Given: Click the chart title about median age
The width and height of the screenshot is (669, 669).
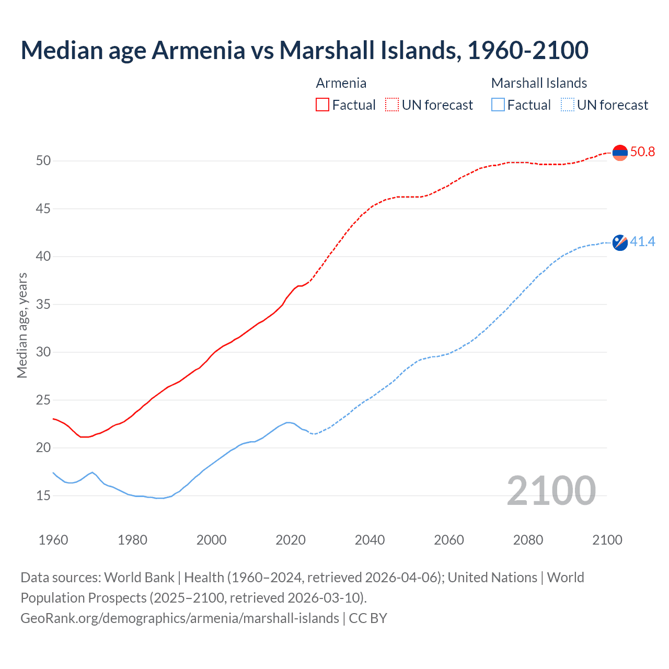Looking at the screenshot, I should (x=304, y=50).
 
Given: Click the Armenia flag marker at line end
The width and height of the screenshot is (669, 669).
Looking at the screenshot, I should (x=620, y=153).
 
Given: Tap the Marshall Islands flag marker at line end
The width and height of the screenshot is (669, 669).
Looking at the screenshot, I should (x=620, y=243).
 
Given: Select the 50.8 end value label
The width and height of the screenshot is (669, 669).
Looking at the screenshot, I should (x=642, y=152).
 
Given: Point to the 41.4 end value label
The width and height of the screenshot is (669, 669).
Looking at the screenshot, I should (x=642, y=241).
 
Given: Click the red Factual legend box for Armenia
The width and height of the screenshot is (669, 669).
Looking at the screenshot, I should (x=322, y=105).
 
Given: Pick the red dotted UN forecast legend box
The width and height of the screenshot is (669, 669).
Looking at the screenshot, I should (x=392, y=105).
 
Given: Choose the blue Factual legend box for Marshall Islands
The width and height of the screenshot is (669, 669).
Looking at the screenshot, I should (x=498, y=105).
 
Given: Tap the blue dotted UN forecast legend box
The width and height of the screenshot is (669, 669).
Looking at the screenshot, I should (x=567, y=105).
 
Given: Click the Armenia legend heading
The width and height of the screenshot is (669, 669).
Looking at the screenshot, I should (x=341, y=83).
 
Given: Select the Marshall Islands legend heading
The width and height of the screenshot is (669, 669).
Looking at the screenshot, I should (x=539, y=83).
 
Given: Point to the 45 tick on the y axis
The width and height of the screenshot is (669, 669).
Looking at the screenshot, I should (x=43, y=209).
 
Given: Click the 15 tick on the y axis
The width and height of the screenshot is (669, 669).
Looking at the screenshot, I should (x=43, y=495).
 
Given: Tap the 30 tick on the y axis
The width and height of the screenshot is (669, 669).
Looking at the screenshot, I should (x=43, y=352).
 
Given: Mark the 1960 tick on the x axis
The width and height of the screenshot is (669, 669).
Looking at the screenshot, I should (x=53, y=540).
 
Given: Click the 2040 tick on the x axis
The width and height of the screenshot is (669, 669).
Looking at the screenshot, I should (x=370, y=540).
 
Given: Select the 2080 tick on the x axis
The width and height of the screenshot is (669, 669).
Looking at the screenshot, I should (x=528, y=540).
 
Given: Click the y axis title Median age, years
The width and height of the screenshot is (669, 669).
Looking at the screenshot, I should (x=22, y=325).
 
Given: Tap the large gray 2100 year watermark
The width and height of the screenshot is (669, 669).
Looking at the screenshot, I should (x=551, y=490).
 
